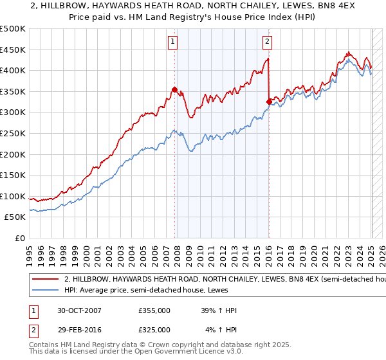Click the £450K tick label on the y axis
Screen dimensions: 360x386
click(x=13, y=50)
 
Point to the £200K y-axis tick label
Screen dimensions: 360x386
click(x=13, y=154)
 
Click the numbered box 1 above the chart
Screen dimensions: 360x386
click(x=173, y=42)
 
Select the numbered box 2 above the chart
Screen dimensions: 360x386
click(x=267, y=42)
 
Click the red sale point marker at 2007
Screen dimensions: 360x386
click(x=174, y=89)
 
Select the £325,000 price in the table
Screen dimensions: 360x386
click(x=154, y=330)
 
